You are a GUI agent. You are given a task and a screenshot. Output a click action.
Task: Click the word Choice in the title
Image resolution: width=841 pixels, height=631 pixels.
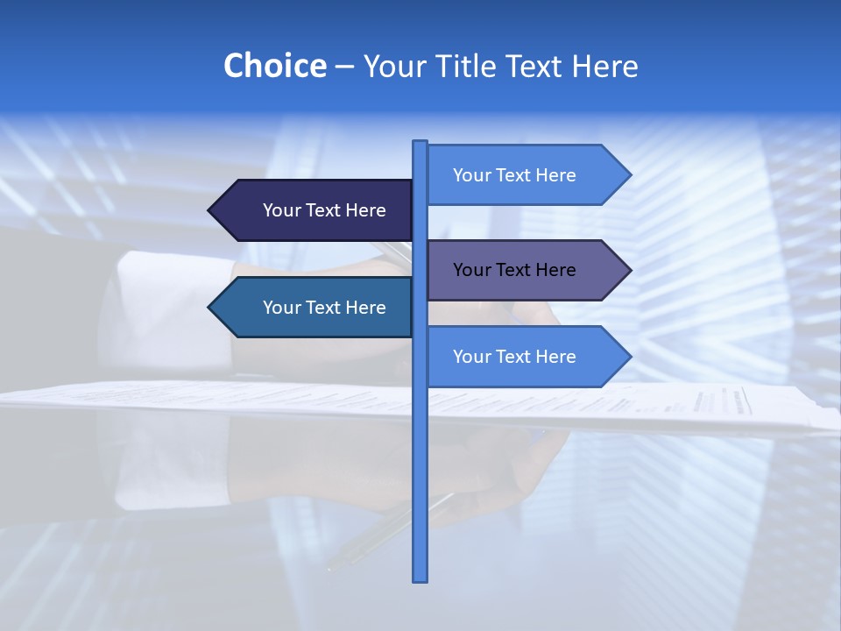point(274,67)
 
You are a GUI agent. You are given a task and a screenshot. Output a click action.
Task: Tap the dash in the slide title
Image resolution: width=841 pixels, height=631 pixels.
point(344,67)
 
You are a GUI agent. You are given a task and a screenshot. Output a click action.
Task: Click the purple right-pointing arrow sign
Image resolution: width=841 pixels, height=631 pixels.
point(526,270)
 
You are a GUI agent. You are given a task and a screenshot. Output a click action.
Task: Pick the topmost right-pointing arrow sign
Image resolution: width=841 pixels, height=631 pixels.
point(526,175)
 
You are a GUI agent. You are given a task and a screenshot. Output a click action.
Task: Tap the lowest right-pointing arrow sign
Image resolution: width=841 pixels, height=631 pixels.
point(526,357)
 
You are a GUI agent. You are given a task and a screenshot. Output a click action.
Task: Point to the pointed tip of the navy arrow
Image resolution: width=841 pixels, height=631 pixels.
point(211,210)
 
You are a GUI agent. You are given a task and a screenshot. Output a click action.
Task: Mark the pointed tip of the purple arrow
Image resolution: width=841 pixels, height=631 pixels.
point(628,270)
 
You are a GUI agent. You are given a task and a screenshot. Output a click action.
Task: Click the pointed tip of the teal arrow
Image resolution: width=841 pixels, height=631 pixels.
point(211,308)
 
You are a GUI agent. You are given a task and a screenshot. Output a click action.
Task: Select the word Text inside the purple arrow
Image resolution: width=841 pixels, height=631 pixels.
point(514,270)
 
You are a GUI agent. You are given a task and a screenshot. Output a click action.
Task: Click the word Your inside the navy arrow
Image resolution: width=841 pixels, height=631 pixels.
point(281,210)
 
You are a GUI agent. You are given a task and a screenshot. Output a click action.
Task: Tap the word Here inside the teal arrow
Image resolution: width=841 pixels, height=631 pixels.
point(365,308)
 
